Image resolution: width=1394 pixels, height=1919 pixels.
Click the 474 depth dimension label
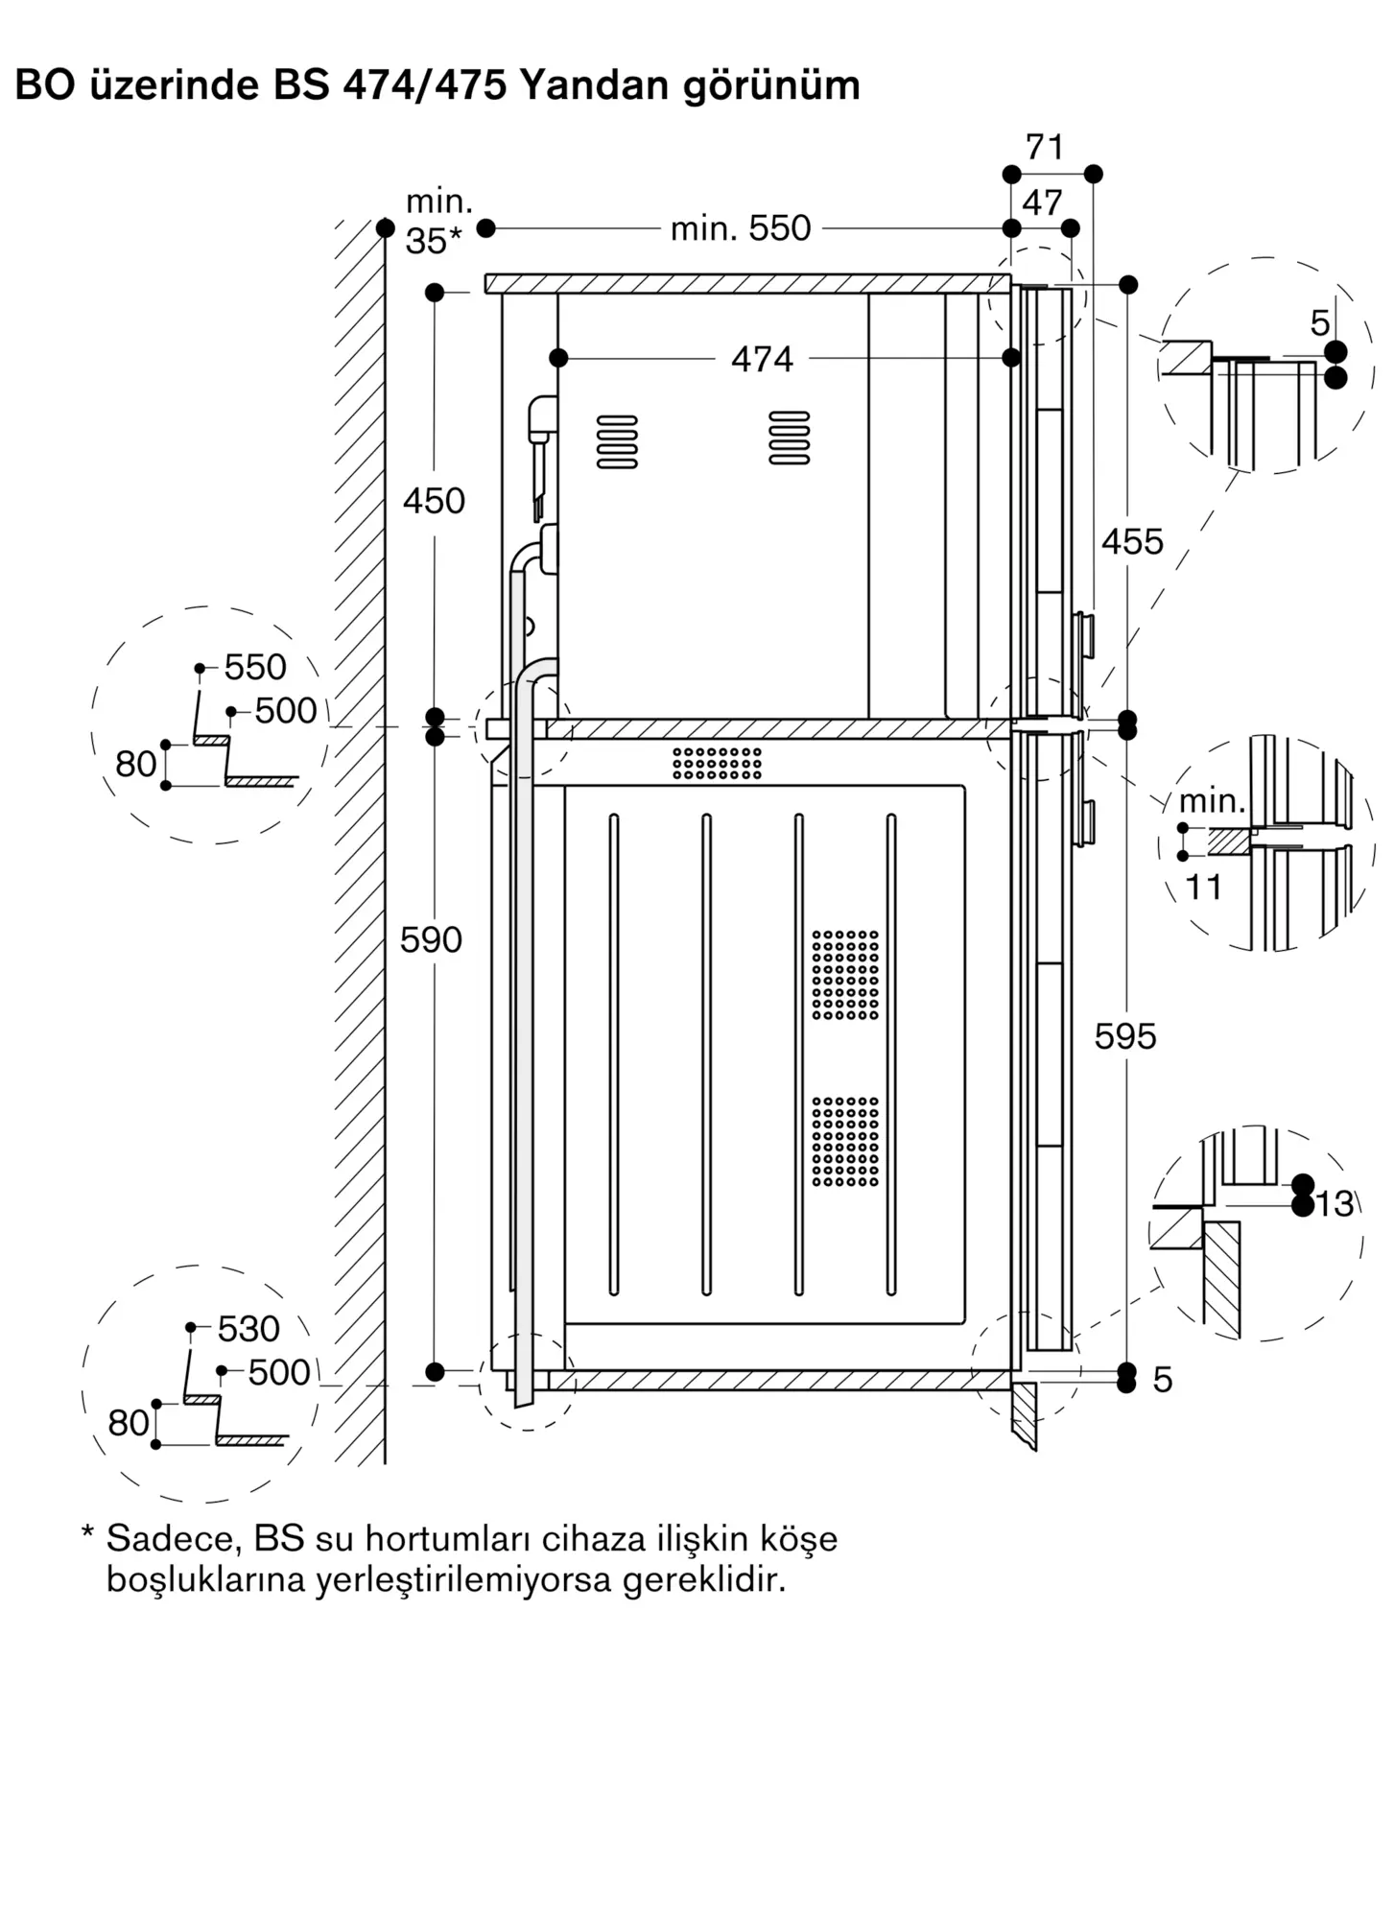[x=762, y=360]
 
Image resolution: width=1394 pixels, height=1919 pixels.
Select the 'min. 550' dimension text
[x=741, y=228]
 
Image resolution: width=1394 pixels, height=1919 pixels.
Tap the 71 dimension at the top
[x=1044, y=148]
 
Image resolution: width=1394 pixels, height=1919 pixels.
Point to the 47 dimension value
[x=1042, y=202]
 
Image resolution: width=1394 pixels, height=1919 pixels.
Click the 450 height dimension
[x=434, y=501]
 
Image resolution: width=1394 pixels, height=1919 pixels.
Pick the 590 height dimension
[x=432, y=939]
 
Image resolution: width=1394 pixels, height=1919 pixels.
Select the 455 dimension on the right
[x=1132, y=542]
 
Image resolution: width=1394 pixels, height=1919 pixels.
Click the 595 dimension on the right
[x=1125, y=1037]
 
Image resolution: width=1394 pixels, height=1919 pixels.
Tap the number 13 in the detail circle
[x=1335, y=1203]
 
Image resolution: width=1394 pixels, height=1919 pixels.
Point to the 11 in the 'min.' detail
[x=1204, y=888]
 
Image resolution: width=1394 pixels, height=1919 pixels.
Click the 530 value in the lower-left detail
[x=248, y=1329]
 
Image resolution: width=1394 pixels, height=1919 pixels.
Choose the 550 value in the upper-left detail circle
[x=255, y=667]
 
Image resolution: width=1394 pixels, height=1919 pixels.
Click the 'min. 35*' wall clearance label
[x=437, y=222]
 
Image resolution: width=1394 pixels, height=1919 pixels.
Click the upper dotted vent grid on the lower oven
[x=845, y=975]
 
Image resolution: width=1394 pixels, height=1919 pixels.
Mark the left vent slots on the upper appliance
[x=617, y=441]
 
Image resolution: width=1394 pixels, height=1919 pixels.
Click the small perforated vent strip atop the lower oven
[x=717, y=763]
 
